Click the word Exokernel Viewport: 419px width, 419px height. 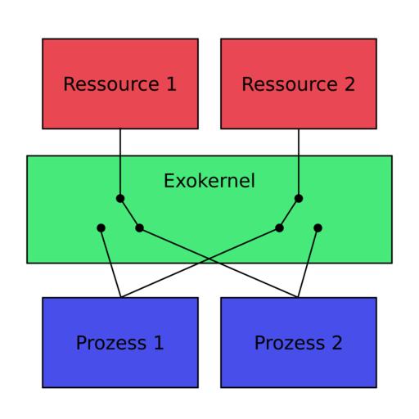pyautogui.click(x=209, y=181)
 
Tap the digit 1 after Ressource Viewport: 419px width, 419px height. pyautogui.click(x=171, y=83)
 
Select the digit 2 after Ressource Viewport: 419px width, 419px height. pyautogui.click(x=349, y=83)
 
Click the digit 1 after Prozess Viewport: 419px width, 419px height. pyautogui.click(x=159, y=342)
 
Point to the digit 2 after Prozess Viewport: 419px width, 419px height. pyautogui.click(x=336, y=342)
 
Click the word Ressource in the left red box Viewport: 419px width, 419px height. pyautogui.click(x=111, y=83)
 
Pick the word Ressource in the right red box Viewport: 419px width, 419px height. pyautogui.click(x=290, y=83)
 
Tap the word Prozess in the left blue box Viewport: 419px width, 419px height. pyautogui.click(x=111, y=343)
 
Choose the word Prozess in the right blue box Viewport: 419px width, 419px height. pyautogui.click(x=290, y=343)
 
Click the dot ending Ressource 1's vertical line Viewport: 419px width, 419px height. pyautogui.click(x=120, y=198)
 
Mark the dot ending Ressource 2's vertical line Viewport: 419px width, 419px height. pyautogui.click(x=299, y=198)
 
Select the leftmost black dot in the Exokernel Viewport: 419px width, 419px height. pyautogui.click(x=101, y=228)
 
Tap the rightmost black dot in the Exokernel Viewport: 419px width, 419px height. pyautogui.click(x=318, y=228)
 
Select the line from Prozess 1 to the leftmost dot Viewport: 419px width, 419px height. pyautogui.click(x=110, y=263)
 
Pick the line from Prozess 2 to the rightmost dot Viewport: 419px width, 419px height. pyautogui.click(x=308, y=263)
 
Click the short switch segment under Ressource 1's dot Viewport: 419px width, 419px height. pyautogui.click(x=130, y=213)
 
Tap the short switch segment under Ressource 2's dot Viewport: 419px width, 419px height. pyautogui.click(x=289, y=213)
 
